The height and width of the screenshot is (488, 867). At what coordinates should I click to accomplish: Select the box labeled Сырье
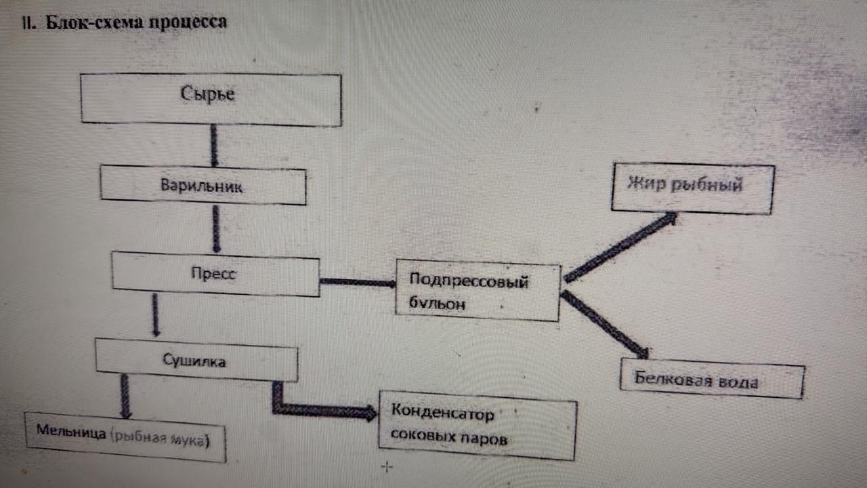(x=211, y=100)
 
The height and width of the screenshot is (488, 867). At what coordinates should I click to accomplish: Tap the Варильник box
(x=203, y=185)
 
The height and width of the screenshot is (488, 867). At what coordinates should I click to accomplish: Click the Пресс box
(x=215, y=273)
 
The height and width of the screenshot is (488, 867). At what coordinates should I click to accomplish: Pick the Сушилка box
(x=196, y=360)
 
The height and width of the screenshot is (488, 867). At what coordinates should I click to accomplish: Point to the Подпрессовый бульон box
(x=478, y=291)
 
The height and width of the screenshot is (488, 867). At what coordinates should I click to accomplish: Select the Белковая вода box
(x=711, y=381)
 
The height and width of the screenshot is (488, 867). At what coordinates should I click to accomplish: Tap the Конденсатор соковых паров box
(x=477, y=425)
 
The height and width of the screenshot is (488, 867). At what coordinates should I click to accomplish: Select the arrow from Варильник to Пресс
(x=216, y=228)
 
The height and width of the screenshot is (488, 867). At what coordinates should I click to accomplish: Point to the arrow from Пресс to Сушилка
(x=156, y=315)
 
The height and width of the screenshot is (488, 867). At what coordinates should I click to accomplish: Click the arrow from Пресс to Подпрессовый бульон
(x=357, y=281)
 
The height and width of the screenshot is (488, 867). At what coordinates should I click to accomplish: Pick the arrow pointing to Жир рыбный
(x=620, y=247)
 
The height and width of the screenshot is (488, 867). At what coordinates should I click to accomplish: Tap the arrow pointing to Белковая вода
(x=604, y=324)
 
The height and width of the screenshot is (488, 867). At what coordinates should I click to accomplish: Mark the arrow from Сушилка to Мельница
(x=125, y=396)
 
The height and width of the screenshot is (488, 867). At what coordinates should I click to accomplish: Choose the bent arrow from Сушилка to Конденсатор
(x=318, y=409)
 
